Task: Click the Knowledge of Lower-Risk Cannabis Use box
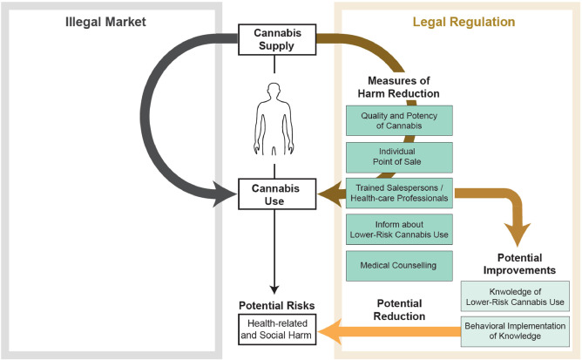tap(516, 296)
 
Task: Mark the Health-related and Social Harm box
tap(275, 331)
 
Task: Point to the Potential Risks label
tap(275, 305)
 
